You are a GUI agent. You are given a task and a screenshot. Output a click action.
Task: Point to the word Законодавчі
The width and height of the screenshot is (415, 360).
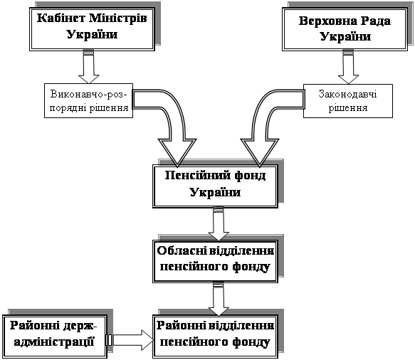348,94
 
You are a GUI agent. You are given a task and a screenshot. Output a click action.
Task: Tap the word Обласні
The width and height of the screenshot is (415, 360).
182,250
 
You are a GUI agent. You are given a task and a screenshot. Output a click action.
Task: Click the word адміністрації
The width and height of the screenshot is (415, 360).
54,342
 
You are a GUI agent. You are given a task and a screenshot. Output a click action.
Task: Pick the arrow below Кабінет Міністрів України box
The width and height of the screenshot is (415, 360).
89,66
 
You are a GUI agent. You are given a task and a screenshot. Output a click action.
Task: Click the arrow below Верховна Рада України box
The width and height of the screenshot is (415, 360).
348,66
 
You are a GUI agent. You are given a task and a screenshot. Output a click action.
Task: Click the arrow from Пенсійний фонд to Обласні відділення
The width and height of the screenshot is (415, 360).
219,223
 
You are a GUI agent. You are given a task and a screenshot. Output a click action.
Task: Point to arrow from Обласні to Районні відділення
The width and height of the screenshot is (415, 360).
219,299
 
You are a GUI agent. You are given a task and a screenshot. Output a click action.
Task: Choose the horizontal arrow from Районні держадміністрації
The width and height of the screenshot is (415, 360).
130,340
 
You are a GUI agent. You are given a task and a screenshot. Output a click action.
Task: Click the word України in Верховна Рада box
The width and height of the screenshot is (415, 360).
345,37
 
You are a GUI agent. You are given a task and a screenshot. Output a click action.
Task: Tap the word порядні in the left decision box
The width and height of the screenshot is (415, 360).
68,108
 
